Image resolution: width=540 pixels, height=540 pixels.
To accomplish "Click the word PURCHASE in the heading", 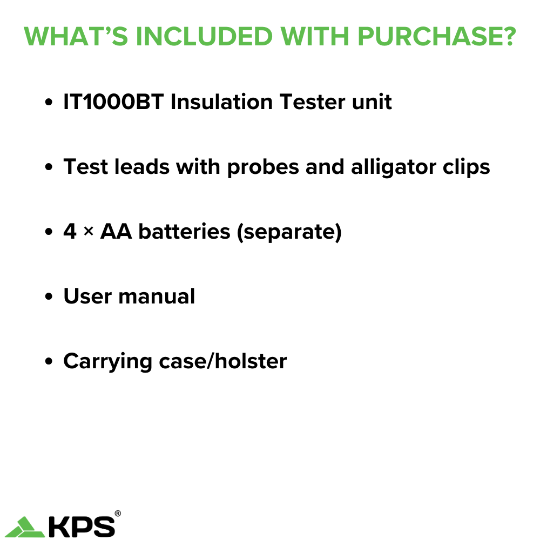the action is [437, 36].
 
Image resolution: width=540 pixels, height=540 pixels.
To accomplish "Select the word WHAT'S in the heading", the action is [76, 36].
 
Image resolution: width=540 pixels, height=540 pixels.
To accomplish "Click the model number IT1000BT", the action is [113, 102].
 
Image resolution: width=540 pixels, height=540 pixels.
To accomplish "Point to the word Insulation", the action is [221, 102].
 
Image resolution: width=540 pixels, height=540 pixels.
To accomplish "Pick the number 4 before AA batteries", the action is [70, 231].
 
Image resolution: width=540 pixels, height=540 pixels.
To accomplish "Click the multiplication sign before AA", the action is [89, 232].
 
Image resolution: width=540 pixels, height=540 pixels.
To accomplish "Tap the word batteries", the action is [184, 232].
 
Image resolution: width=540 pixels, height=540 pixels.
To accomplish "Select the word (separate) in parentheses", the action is [289, 232].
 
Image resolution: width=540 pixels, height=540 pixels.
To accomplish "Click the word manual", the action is [157, 296].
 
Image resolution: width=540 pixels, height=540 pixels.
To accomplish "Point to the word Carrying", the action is [107, 362].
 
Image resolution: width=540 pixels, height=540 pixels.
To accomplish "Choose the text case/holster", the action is [223, 361].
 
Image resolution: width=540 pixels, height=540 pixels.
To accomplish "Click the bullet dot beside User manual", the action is [49, 296].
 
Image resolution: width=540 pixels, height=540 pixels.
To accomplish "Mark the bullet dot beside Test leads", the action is [49, 167].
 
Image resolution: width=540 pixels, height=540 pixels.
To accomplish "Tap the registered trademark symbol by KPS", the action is [118, 514].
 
